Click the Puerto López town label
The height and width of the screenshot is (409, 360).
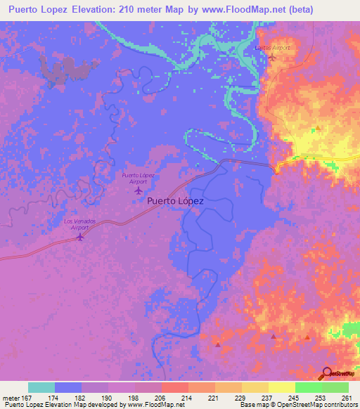pos(176,200)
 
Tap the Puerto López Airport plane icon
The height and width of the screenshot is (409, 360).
pos(138,190)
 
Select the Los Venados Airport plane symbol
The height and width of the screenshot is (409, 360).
pos(79,237)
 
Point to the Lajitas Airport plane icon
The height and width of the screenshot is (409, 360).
pos(272,57)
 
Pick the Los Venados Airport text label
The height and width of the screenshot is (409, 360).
pos(77,224)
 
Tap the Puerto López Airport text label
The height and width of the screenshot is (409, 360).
pos(138,176)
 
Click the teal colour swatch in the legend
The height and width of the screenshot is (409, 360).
pos(41,387)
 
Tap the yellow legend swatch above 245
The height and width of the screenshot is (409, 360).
pos(281,387)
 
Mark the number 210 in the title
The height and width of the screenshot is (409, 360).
pos(139,9)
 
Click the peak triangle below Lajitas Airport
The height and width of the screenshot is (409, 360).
pos(318,129)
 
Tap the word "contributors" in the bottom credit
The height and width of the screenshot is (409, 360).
pos(337,405)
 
